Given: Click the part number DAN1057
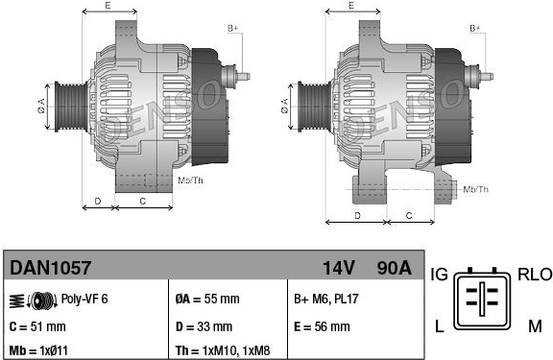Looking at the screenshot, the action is click(x=51, y=268).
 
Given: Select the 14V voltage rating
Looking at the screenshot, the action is click(x=339, y=268).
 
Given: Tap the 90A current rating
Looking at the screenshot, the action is click(x=394, y=268).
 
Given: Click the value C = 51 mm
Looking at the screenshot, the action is click(x=37, y=326).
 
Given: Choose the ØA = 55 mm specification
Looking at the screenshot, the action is click(x=207, y=299).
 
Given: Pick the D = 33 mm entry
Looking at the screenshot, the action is click(x=204, y=326).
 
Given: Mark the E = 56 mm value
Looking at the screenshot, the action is click(x=322, y=326).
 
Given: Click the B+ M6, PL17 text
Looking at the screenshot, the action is click(x=326, y=299).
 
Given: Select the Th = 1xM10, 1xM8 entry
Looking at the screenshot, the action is click(x=223, y=350).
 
